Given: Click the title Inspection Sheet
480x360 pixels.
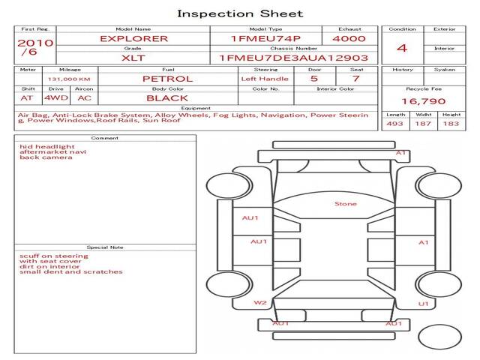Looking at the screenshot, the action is coord(240,13).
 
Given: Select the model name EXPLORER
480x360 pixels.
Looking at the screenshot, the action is coord(134,38).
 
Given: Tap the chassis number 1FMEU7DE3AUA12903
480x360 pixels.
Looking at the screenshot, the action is coord(293,58).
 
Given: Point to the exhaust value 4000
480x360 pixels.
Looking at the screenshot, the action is coord(349,38).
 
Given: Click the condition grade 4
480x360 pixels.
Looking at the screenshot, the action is coord(402,48).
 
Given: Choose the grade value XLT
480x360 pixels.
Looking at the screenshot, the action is coord(133,58).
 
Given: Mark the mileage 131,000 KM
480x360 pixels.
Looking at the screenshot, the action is coord(69,79).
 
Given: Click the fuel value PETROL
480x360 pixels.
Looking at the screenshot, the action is coord(168,79).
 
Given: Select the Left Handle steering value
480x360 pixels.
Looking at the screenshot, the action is coord(265,79).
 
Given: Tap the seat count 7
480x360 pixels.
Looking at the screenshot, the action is coord(355,79).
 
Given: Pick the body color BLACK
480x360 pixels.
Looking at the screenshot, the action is coord(167,98).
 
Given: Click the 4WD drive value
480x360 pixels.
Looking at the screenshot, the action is coord(56,98).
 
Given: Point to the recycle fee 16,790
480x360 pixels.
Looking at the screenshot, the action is coord(424,101).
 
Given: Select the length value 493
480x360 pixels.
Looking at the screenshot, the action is coord(395,124).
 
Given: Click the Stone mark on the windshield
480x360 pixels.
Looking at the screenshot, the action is coord(346,204).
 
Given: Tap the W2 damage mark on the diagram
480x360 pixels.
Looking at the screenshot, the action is coord(260,303).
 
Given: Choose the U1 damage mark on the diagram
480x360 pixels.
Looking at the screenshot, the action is coord(423,304).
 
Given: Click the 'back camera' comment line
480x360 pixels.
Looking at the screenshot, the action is coord(46,157).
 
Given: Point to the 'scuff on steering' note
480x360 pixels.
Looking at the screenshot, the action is coord(54,256).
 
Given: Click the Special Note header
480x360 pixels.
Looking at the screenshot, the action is coord(105,247).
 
